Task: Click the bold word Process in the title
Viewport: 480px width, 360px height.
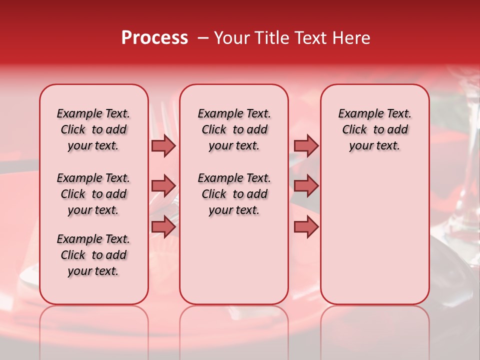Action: click(154, 38)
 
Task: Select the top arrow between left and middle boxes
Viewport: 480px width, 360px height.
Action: click(163, 145)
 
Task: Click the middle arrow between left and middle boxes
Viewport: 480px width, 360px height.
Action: click(163, 186)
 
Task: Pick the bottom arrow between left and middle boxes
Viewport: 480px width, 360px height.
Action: click(163, 226)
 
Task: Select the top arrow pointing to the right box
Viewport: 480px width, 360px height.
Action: click(306, 145)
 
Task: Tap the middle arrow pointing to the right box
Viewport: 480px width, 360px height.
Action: click(306, 186)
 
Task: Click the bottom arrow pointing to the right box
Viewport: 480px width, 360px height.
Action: click(306, 226)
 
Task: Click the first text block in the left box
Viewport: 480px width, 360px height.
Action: click(93, 129)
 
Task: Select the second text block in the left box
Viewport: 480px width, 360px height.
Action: click(93, 194)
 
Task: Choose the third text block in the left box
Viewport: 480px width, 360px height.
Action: click(93, 255)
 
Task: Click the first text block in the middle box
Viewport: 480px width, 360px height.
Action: click(234, 129)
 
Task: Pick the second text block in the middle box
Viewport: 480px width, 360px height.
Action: click(234, 194)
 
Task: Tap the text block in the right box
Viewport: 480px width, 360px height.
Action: click(375, 129)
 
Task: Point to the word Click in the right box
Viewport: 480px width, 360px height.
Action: click(354, 130)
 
